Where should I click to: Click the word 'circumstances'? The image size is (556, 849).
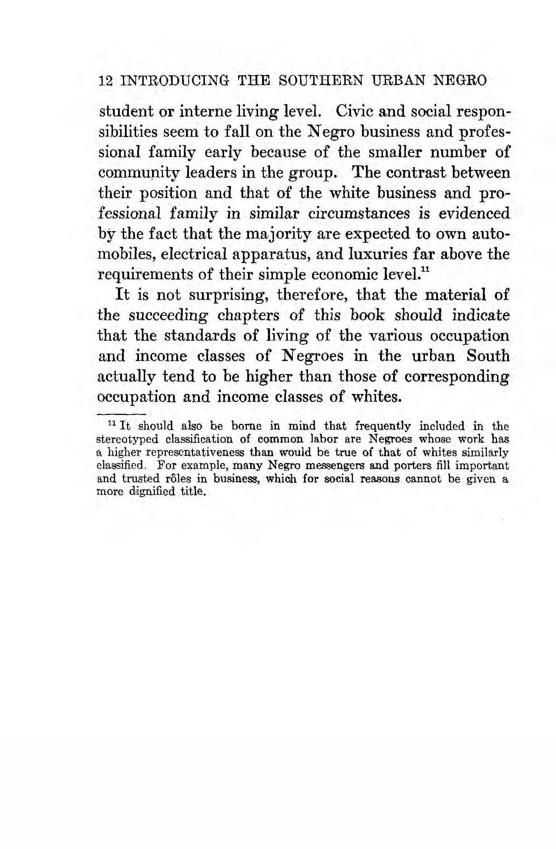[x=359, y=213]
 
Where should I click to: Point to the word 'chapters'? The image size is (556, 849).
[x=248, y=315]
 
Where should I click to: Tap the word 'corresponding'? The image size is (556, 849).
[x=456, y=377]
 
